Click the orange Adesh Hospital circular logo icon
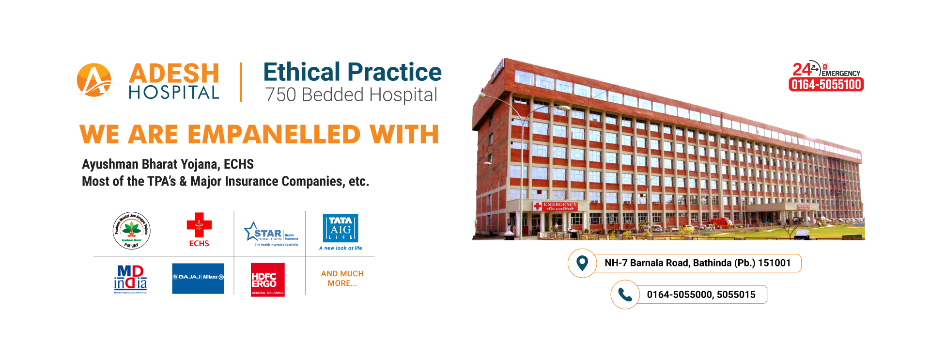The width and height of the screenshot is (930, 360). [x=94, y=80]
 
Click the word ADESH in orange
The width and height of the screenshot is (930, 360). [x=174, y=74]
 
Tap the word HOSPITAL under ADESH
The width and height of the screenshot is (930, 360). [x=174, y=93]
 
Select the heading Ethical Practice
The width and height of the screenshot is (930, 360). [x=352, y=72]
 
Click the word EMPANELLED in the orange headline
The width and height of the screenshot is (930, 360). [x=274, y=134]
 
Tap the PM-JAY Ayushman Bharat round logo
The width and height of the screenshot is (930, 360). [x=131, y=231]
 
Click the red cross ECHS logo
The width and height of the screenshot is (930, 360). [x=199, y=229]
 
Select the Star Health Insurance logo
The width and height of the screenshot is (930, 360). [x=271, y=234]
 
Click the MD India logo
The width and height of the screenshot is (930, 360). [x=130, y=279]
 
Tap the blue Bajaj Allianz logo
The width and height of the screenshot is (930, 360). [x=198, y=278]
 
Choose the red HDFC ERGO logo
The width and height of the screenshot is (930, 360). [x=267, y=280]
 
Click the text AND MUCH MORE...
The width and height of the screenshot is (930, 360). [x=342, y=279]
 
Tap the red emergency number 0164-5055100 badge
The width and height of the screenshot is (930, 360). [x=826, y=85]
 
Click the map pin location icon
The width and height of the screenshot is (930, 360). [x=582, y=263]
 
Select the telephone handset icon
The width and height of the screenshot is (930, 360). [x=625, y=295]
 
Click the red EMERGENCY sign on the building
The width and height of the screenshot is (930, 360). [x=557, y=205]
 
